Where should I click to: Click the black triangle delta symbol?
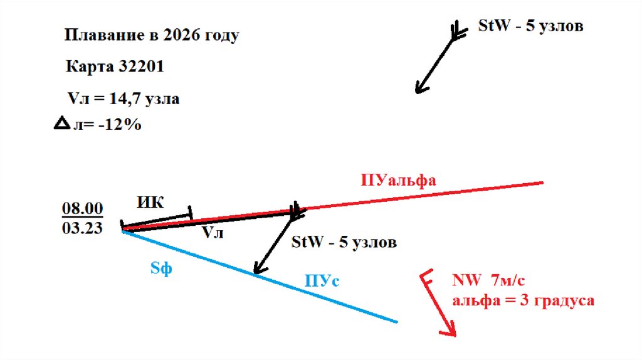coord(62,124)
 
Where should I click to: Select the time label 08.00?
coord(82,208)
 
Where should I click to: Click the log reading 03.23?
coord(82,228)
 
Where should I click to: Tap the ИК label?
coord(150,203)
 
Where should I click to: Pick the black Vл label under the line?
coord(212,233)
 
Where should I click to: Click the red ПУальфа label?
coord(398,181)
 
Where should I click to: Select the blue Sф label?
coord(161,268)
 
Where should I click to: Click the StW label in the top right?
coord(490,27)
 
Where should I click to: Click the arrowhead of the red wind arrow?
coord(450,329)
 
